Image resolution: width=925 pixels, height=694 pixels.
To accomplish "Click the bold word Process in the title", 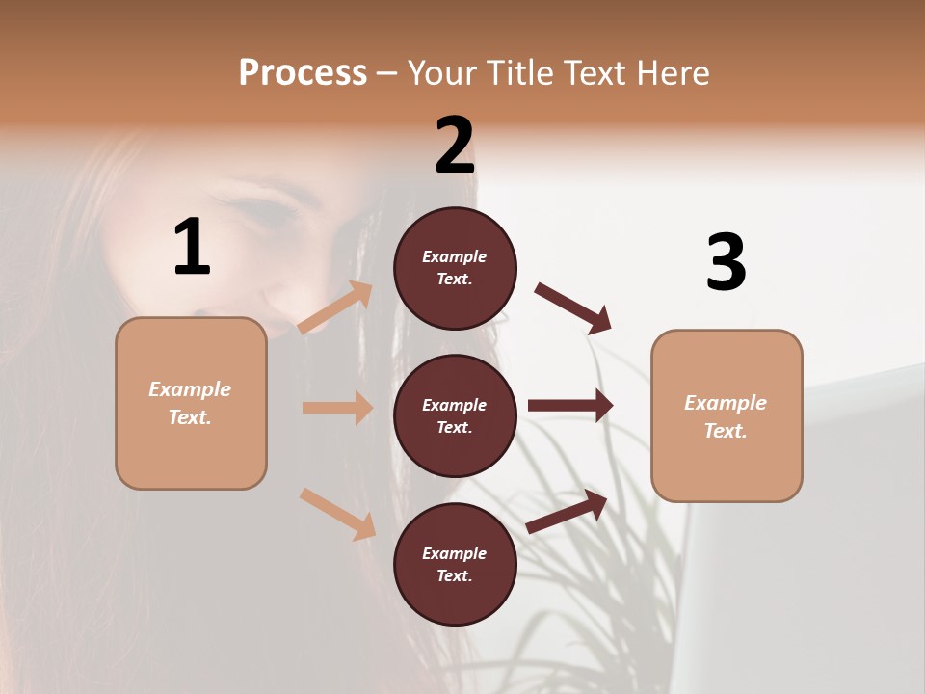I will (x=303, y=73).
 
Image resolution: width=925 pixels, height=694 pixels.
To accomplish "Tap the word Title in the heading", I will (x=517, y=73).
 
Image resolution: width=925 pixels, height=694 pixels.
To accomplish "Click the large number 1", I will (x=192, y=248).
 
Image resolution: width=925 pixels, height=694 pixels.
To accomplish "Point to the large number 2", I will (x=455, y=146).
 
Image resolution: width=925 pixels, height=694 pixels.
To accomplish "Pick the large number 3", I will (x=726, y=263).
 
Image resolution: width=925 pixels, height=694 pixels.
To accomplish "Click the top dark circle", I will (x=455, y=268).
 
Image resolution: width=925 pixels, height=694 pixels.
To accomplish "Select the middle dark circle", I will (x=455, y=415).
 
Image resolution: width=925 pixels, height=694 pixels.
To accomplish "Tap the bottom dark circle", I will (x=455, y=564).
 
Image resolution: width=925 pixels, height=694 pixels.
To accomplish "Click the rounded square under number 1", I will (x=191, y=403).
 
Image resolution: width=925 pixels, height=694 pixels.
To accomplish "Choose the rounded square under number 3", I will (x=727, y=415).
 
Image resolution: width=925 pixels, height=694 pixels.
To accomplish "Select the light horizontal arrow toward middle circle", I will (x=337, y=408).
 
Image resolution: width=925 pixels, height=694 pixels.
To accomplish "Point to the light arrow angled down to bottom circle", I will (x=337, y=513).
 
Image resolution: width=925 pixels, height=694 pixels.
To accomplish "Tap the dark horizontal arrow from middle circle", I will (x=570, y=406).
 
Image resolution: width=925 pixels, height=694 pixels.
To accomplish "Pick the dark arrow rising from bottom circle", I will (x=568, y=511).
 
